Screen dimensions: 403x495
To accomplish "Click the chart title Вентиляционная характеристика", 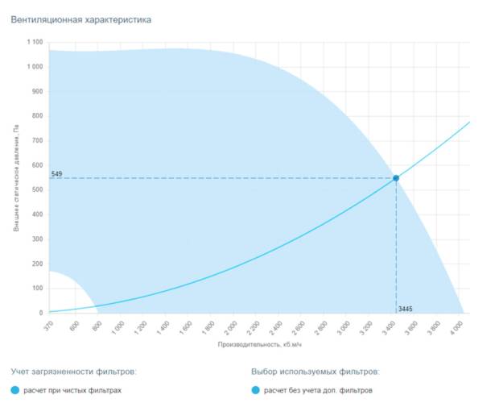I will tap(81, 19).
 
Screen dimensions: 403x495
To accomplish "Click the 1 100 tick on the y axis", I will tap(34, 43).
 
